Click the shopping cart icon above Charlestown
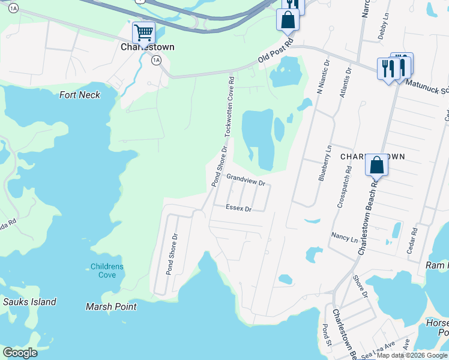[x=143, y=32]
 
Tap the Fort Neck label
[x=80, y=95]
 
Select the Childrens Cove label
[x=107, y=271]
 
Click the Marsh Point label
[x=111, y=307]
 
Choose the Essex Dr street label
[x=238, y=208]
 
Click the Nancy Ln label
[x=345, y=238]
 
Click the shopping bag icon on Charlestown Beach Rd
[x=376, y=164]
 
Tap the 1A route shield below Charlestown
[x=156, y=60]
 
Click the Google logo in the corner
[x=20, y=353]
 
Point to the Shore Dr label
[x=360, y=287]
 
